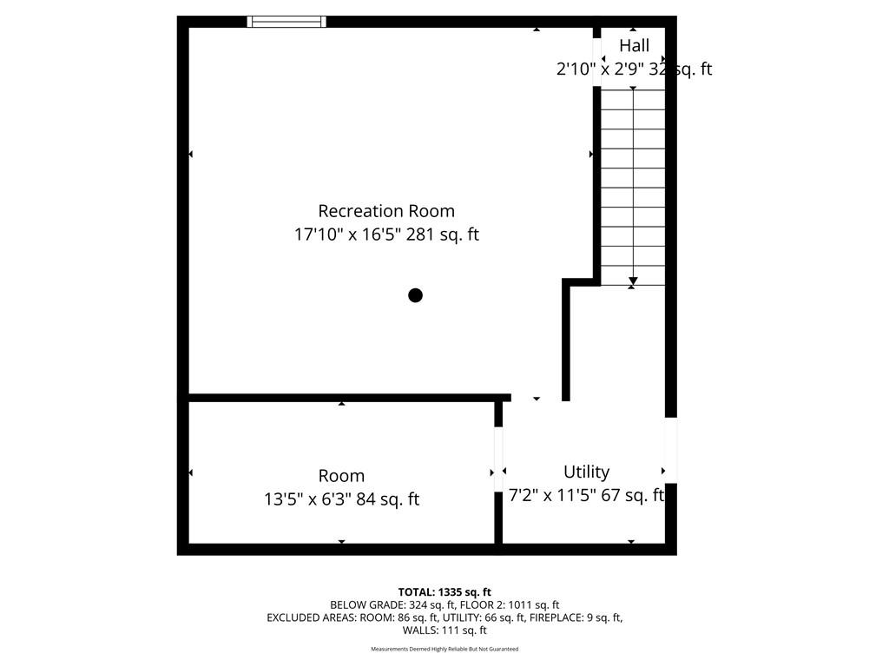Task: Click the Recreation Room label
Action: pyautogui.click(x=386, y=211)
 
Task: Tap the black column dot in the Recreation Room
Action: pyautogui.click(x=416, y=295)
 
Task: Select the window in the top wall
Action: pyautogui.click(x=286, y=22)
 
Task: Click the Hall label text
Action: pyautogui.click(x=634, y=45)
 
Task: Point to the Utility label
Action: pyautogui.click(x=586, y=472)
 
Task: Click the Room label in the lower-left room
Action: pyautogui.click(x=341, y=476)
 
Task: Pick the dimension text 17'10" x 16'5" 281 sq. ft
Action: pyautogui.click(x=386, y=234)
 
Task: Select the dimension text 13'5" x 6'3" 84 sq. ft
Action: pyautogui.click(x=341, y=499)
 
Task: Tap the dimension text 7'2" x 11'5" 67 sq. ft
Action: pyautogui.click(x=586, y=495)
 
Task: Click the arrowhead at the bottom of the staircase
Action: pyautogui.click(x=633, y=281)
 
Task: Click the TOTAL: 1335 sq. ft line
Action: pyautogui.click(x=444, y=592)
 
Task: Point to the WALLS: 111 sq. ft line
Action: pyautogui.click(x=444, y=631)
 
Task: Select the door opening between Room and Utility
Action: pyautogui.click(x=498, y=459)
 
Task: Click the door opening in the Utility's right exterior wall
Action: pyautogui.click(x=671, y=451)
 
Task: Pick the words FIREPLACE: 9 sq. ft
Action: pyautogui.click(x=576, y=617)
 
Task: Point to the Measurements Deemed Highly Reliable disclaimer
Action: pyautogui.click(x=444, y=649)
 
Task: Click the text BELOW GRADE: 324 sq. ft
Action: pyautogui.click(x=392, y=605)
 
